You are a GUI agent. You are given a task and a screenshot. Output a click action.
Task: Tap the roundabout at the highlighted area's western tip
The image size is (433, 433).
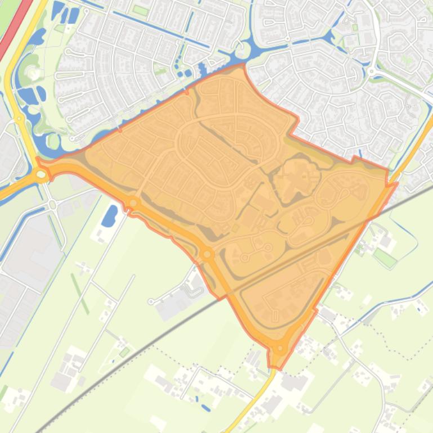pyautogui.click(x=41, y=175)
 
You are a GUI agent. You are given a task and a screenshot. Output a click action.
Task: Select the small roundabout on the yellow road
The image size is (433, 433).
pyautogui.click(x=19, y=119)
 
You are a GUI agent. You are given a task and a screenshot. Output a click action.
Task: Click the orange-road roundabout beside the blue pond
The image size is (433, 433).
pyautogui.click(x=133, y=203)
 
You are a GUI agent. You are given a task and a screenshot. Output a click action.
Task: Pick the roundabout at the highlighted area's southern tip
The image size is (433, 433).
pyautogui.click(x=280, y=349)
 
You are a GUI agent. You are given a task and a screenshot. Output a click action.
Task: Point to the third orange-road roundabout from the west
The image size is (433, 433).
pyautogui.click(x=207, y=255)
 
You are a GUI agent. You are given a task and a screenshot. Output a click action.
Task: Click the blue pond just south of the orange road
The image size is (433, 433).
pyautogui.click(x=110, y=215)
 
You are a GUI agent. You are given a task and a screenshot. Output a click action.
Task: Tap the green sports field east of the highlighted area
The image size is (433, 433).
pyautogui.click(x=385, y=257)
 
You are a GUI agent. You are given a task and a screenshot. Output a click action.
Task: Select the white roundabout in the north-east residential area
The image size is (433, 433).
pyautogui.click(x=372, y=72)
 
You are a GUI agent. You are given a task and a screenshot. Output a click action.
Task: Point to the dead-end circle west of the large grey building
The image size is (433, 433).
pyautogui.click(x=151, y=302)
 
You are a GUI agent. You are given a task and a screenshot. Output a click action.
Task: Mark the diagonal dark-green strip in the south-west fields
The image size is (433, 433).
pyautogui.click(x=79, y=292)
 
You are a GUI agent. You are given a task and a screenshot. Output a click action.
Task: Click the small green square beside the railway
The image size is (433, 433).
pyautogui.click(x=124, y=352)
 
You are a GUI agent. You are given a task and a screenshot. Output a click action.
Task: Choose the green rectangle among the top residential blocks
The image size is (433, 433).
pyautogui.click(x=140, y=10)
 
